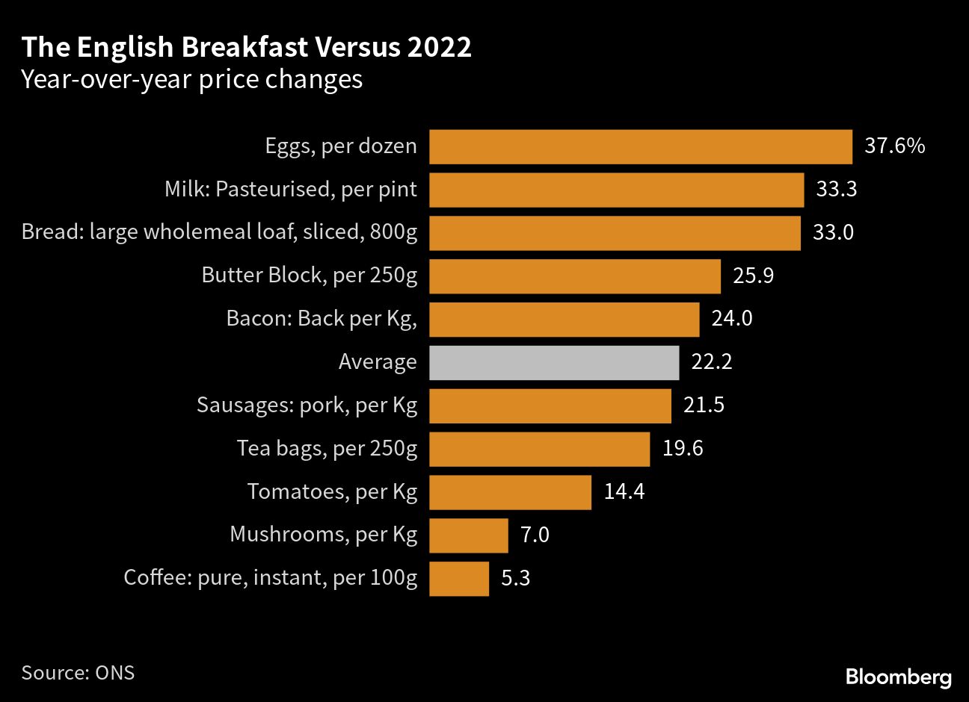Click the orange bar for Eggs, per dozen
[x=641, y=146]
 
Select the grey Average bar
[x=554, y=362]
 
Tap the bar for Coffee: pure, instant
[x=459, y=579]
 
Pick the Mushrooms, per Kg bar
[x=469, y=535]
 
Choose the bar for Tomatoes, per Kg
[x=510, y=492]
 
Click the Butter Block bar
[x=575, y=276]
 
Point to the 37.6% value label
[x=894, y=146]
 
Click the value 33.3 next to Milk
[x=836, y=189]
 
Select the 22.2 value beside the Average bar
[x=711, y=362]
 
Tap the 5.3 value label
[x=515, y=578]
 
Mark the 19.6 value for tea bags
[x=682, y=448]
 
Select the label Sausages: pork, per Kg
[x=307, y=406]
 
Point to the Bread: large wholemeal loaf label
[x=219, y=232]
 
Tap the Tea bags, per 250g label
[x=327, y=448]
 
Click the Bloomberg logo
[x=899, y=677]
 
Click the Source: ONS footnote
[x=78, y=672]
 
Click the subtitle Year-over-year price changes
[x=192, y=79]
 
